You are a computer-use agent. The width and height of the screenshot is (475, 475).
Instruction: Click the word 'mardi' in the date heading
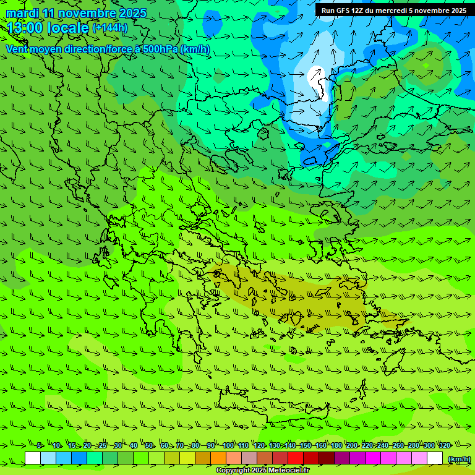pyautogui.click(x=22, y=13)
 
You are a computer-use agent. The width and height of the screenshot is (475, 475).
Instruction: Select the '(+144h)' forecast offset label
pyautogui.click(x=109, y=28)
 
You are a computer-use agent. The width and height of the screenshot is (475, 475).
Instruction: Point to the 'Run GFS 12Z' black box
pyautogui.click(x=394, y=11)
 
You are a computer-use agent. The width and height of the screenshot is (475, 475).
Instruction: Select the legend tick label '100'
pyautogui.click(x=228, y=445)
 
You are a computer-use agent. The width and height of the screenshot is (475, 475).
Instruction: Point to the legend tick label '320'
pyautogui.click(x=445, y=445)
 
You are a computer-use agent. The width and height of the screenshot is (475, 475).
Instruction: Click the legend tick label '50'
pyautogui.click(x=149, y=445)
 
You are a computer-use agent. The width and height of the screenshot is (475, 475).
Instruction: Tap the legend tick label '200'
pyautogui.click(x=351, y=445)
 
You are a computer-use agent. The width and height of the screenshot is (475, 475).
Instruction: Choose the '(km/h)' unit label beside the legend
pyautogui.click(x=459, y=458)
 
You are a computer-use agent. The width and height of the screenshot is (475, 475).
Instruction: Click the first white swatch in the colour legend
pyautogui.click(x=33, y=458)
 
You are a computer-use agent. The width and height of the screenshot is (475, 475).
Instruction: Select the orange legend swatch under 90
pyautogui.click(x=218, y=458)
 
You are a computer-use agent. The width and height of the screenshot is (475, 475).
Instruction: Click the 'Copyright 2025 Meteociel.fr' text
pyautogui.click(x=262, y=470)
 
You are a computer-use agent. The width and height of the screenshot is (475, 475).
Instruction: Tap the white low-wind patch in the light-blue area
pyautogui.click(x=319, y=80)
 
